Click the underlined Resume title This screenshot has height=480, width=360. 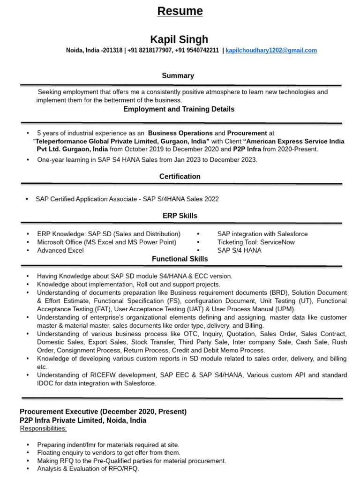(x=180, y=11)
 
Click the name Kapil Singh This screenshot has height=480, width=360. (x=179, y=39)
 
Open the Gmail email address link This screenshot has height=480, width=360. (x=271, y=51)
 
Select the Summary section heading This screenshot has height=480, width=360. (x=178, y=75)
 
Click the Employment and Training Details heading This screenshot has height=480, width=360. (x=179, y=109)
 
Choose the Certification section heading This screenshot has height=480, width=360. (x=180, y=177)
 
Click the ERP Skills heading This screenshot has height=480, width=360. (x=180, y=216)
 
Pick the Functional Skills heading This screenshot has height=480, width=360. (x=180, y=259)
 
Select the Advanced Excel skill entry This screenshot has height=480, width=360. (x=60, y=250)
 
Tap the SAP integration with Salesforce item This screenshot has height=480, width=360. (x=262, y=234)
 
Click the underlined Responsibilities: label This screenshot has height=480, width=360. (x=43, y=429)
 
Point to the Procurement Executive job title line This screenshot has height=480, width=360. (x=103, y=412)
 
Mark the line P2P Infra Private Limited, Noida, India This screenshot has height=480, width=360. (x=83, y=420)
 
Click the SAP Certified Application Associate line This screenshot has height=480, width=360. (x=127, y=199)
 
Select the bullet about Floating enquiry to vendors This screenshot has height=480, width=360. (x=108, y=453)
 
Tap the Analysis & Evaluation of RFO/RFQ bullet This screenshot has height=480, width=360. (x=88, y=469)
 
